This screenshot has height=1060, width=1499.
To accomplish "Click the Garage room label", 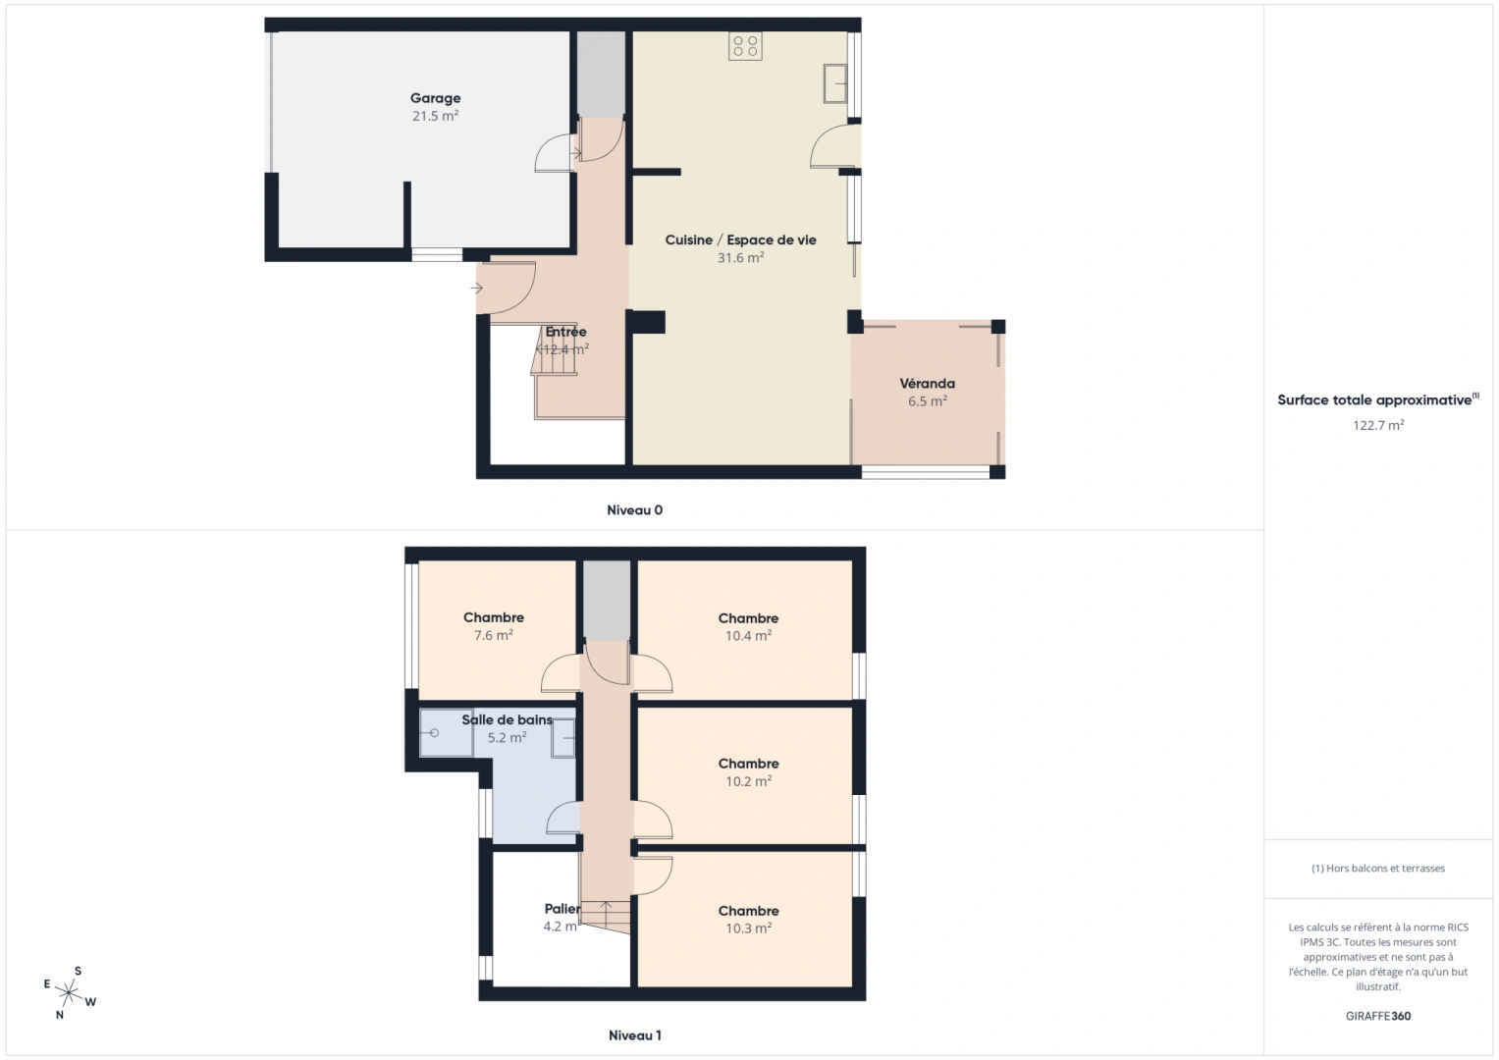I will [x=435, y=98].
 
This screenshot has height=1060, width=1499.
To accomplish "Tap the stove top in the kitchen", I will [x=745, y=46].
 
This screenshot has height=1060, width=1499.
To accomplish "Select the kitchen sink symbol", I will [x=835, y=83].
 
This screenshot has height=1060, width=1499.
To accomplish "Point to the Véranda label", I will [x=927, y=384].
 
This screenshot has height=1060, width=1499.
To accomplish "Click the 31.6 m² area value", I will [x=740, y=258].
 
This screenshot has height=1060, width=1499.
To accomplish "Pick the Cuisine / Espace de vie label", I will [x=740, y=240].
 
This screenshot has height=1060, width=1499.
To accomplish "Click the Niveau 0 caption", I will [x=634, y=510].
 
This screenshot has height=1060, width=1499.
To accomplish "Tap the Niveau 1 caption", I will [x=634, y=1035].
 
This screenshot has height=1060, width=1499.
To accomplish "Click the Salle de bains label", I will [x=507, y=720].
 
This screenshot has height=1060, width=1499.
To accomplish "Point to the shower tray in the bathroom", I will [x=446, y=733].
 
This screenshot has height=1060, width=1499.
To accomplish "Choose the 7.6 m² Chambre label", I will [x=493, y=618].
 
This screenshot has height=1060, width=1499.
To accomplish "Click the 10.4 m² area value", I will [x=748, y=636].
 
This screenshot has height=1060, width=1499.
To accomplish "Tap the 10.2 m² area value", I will [x=748, y=782].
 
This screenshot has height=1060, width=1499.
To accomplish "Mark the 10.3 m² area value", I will [x=748, y=928].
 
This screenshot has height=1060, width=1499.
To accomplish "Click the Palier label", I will [x=562, y=909].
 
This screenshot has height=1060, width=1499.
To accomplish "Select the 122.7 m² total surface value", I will [x=1377, y=426].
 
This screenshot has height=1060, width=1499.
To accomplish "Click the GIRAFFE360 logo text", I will [x=1377, y=1016].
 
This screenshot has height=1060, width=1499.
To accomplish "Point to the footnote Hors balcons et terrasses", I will [x=1377, y=869].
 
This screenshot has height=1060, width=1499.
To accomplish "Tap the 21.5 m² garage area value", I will [x=435, y=116].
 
